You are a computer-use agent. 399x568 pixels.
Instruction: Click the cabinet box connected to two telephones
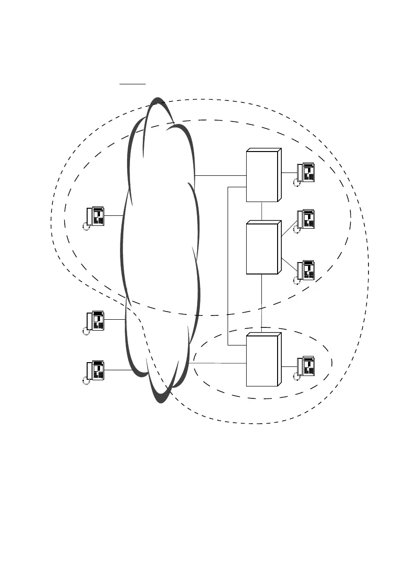[x=262, y=248]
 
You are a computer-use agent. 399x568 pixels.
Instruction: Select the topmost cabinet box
[x=262, y=176]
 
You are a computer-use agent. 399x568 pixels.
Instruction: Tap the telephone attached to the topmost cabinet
[x=305, y=172]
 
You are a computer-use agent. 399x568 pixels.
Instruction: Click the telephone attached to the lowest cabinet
[x=305, y=366]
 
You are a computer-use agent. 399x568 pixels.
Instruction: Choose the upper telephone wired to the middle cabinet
[x=305, y=219]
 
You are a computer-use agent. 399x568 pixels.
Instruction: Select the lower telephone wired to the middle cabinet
[x=305, y=270]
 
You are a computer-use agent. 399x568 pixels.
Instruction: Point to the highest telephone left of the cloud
[x=95, y=217]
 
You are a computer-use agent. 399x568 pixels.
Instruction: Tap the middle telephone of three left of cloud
[x=95, y=321]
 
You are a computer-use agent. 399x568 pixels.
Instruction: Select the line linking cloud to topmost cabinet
[x=220, y=175]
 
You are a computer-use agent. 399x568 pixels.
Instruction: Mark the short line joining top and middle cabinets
[x=262, y=212]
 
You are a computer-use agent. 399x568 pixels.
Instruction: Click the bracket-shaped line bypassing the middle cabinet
[x=229, y=267]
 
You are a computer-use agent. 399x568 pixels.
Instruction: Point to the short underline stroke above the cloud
[x=133, y=83]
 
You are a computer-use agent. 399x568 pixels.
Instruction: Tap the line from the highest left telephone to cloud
[x=114, y=216]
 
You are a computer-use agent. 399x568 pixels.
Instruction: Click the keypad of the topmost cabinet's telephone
[x=309, y=176]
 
